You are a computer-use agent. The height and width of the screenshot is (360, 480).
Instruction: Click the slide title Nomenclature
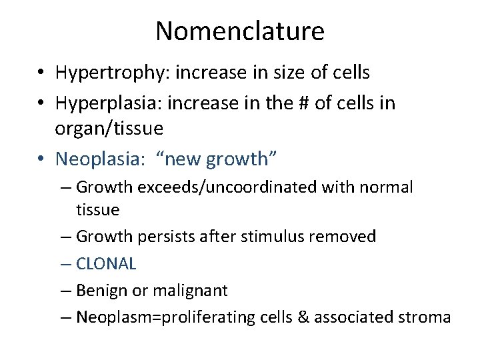pos(240,31)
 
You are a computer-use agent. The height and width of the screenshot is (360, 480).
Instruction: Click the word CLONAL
pos(106,263)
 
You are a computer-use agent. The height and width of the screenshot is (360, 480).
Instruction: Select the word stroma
pos(425,317)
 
